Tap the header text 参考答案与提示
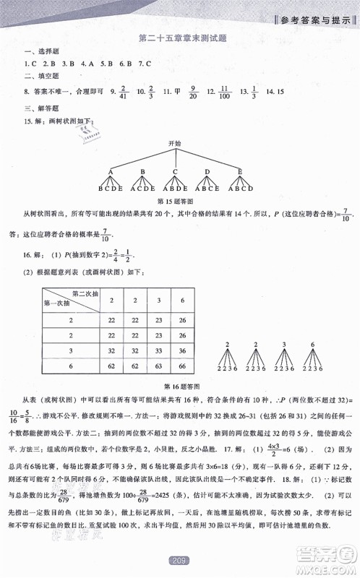[317, 19]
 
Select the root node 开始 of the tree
[174, 144]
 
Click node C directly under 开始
[175, 172]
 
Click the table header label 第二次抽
[85, 293]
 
